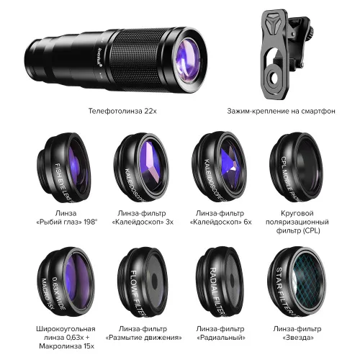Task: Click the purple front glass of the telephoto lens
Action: click(188, 60)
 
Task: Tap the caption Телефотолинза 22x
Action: click(122, 111)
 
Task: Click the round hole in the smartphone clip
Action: click(273, 78)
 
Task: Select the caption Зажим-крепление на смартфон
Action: click(281, 111)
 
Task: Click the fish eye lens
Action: click(64, 167)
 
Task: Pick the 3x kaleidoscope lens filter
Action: click(141, 167)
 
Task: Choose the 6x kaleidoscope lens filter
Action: click(219, 166)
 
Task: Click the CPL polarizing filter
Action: click(296, 167)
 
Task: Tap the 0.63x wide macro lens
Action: click(66, 282)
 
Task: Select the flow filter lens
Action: click(143, 282)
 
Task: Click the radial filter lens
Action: click(220, 282)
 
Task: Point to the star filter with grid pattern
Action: click(297, 282)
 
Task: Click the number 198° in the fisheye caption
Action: click(91, 222)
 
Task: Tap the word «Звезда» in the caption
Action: click(298, 338)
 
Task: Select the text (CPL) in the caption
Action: click(311, 230)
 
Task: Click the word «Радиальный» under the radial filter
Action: click(221, 338)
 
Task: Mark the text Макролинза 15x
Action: click(66, 346)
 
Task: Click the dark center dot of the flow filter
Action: click(154, 280)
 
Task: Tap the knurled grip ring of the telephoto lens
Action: click(139, 59)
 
